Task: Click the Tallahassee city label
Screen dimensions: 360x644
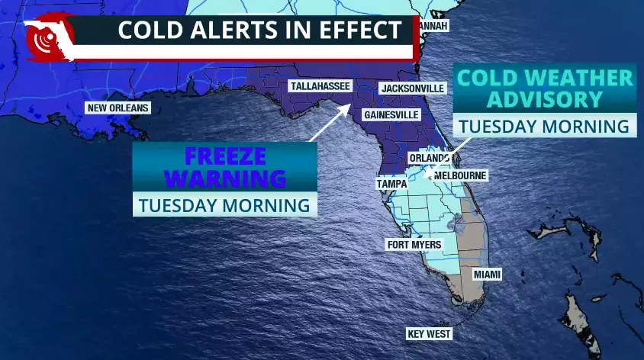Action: tap(319, 87)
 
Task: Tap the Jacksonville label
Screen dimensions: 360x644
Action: tap(412, 88)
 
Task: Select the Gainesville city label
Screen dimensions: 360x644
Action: tap(391, 114)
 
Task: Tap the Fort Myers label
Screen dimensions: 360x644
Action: tap(414, 245)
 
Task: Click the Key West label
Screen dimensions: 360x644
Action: tap(430, 334)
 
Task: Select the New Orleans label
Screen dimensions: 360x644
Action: tap(117, 108)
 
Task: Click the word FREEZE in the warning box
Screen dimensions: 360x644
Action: tap(225, 157)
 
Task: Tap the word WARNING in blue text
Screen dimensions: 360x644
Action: tap(225, 178)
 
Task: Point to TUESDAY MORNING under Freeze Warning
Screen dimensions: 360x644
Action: tap(225, 205)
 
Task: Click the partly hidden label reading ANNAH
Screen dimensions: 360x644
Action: tap(433, 26)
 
